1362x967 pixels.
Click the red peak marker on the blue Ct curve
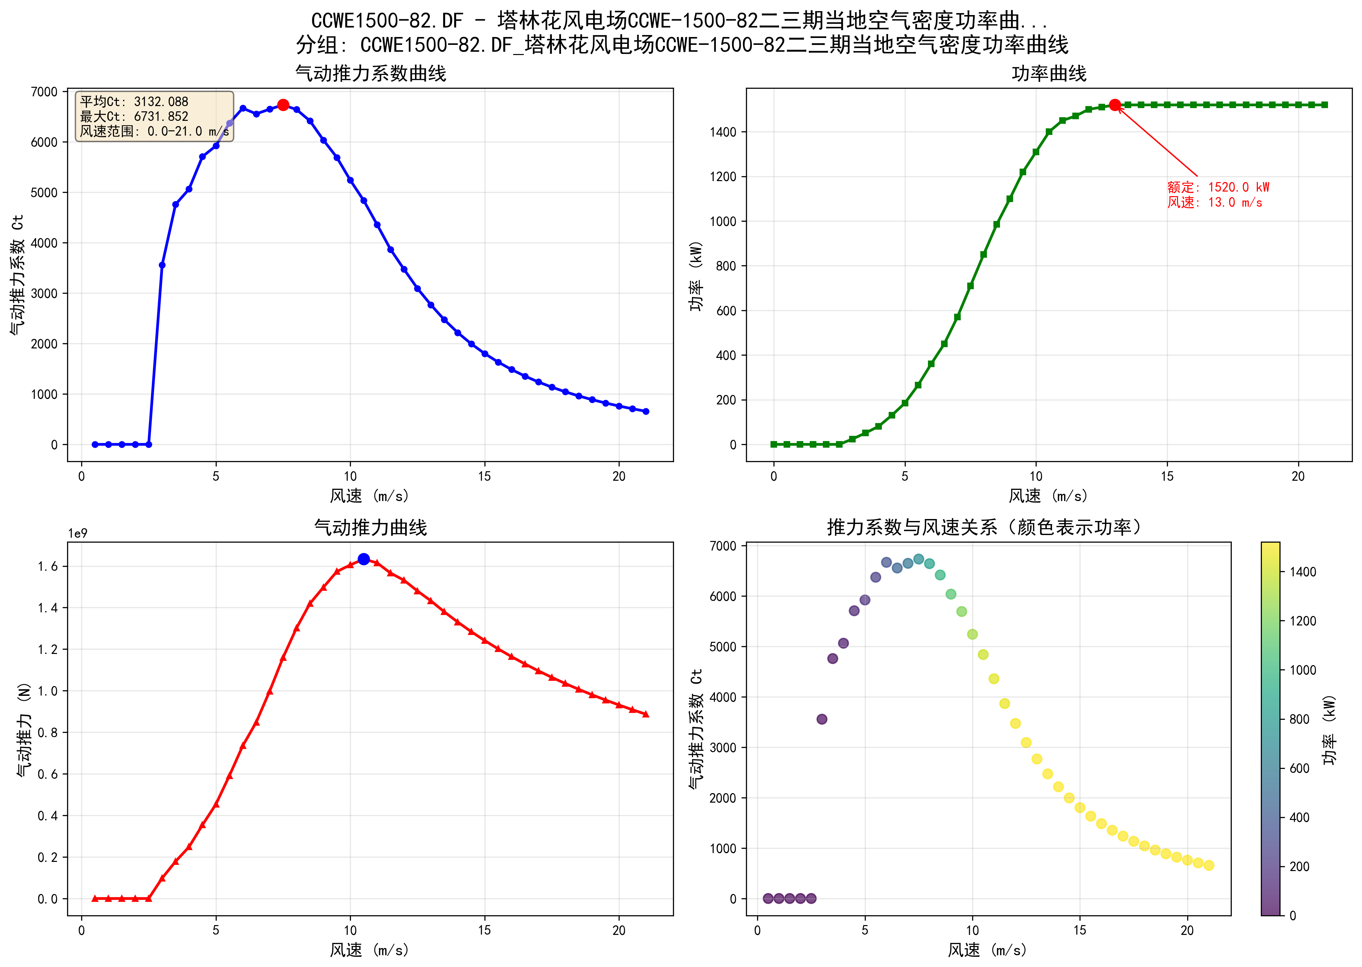click(x=283, y=105)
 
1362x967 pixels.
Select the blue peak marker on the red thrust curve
click(x=364, y=559)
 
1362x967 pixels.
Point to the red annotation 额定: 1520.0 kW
click(x=1218, y=187)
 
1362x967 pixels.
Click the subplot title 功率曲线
click(x=1049, y=74)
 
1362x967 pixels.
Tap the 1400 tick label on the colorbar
click(x=1302, y=572)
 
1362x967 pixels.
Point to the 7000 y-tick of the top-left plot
click(x=45, y=92)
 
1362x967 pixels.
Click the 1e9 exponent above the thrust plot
click(x=77, y=533)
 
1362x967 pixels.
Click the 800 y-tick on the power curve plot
click(x=726, y=266)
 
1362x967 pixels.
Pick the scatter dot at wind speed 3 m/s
click(x=822, y=719)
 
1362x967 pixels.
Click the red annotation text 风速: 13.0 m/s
click(x=1214, y=202)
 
